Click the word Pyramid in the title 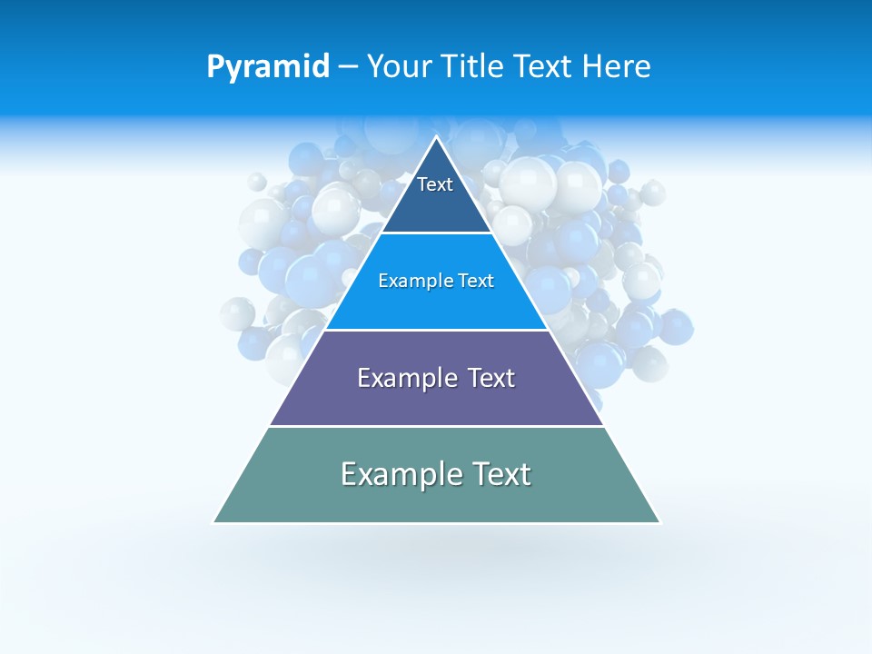click(268, 67)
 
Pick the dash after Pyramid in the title click(348, 67)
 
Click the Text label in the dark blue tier click(435, 184)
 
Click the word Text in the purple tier click(491, 378)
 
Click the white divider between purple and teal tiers click(436, 426)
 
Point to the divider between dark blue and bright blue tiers click(436, 233)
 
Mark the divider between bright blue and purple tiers click(436, 330)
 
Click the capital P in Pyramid click(214, 67)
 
